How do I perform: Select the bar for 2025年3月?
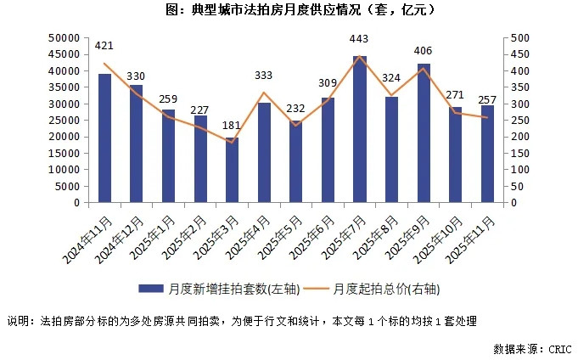[232, 171]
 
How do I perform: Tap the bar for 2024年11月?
[104, 138]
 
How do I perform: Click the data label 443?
[359, 39]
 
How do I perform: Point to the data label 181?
[232, 127]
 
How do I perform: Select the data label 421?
[104, 45]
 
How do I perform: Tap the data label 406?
[424, 51]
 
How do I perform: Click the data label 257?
[487, 101]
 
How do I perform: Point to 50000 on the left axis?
[65, 38]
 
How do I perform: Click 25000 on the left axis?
[65, 121]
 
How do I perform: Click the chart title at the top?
[289, 10]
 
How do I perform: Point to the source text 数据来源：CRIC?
[531, 348]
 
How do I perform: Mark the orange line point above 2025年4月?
[264, 93]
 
